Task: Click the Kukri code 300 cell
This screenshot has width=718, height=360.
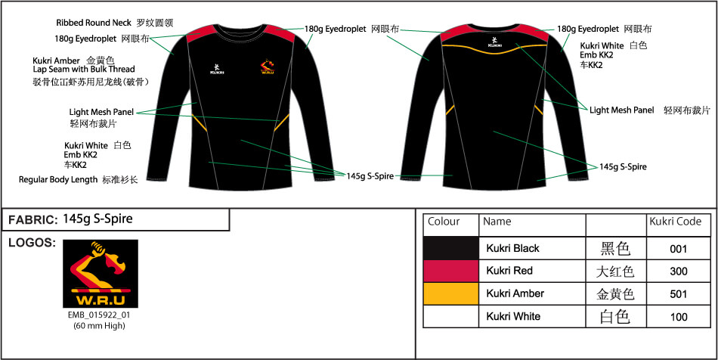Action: pos(678,272)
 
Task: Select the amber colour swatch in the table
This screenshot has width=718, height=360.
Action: pos(451,293)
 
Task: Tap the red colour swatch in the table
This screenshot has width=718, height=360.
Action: pos(451,272)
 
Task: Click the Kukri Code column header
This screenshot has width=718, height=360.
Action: pos(676,222)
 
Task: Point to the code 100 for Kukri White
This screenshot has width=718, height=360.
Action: pos(678,317)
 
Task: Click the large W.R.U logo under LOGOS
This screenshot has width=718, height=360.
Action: pos(101,274)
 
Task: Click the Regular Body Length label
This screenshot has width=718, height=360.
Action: pos(58,179)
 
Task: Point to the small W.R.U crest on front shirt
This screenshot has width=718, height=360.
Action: pos(267,67)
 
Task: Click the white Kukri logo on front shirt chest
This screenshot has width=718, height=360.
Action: pos(217,68)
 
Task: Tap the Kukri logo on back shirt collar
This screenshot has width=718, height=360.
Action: pos(494,42)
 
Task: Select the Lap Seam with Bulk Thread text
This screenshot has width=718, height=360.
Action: pos(84,70)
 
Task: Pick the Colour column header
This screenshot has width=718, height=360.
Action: pos(444,222)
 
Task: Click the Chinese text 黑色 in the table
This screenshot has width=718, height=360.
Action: pos(615,249)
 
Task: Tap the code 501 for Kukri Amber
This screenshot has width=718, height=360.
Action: pos(678,294)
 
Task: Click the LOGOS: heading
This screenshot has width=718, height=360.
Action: pos(32,244)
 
